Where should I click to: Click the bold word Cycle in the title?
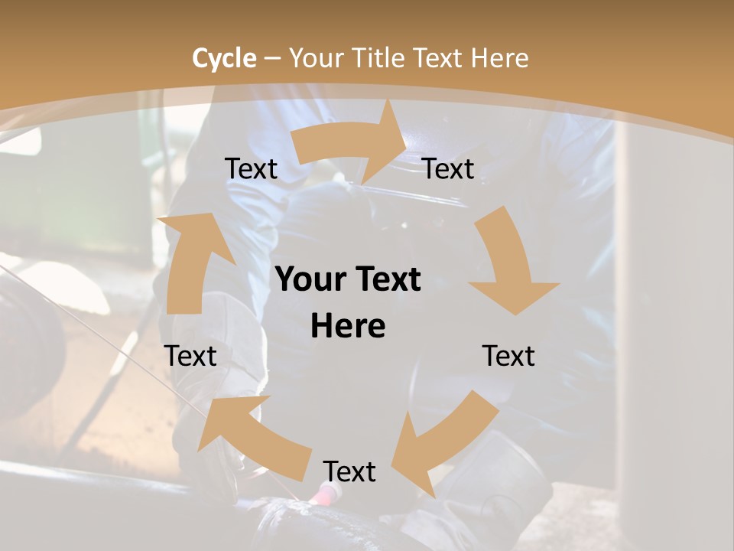tap(224, 58)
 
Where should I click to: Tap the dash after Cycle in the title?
tap(272, 58)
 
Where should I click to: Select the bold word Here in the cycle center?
tap(348, 326)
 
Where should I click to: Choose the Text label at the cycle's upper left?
tap(251, 168)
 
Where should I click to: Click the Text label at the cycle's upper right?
tap(449, 168)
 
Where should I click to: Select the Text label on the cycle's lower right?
tap(508, 356)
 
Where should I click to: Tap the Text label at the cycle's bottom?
tap(349, 471)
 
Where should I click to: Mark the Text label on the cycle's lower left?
tap(191, 356)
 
